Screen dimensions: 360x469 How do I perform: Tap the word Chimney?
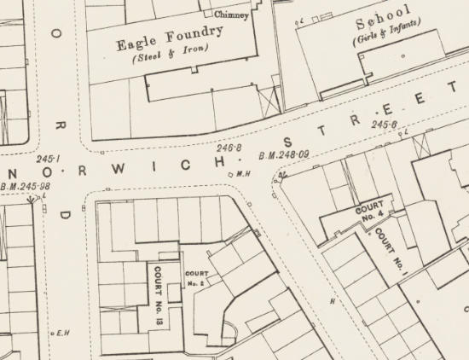(x=231, y=15)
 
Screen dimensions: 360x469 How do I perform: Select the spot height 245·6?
(x=385, y=125)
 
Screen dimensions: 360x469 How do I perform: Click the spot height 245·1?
(x=47, y=159)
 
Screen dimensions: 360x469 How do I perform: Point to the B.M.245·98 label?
(x=26, y=187)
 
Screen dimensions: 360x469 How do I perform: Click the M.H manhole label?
(x=242, y=174)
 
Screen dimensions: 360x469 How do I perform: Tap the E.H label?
(x=62, y=333)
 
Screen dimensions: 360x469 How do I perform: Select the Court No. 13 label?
(x=159, y=288)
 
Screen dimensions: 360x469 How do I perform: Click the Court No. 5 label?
(x=197, y=277)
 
